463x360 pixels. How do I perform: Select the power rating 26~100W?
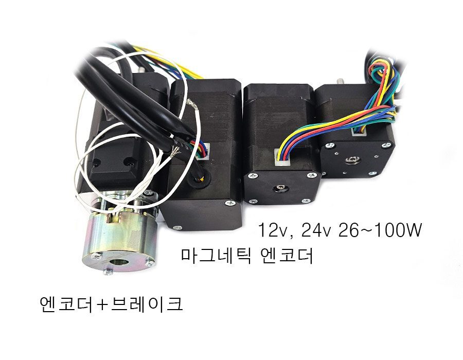click(380, 230)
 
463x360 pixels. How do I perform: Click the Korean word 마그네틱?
click(216, 256)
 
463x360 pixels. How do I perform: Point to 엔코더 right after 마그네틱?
click(287, 256)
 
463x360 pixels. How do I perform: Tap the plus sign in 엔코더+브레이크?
click(101, 305)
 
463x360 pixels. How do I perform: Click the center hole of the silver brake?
click(119, 262)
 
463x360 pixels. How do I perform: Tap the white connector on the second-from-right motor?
click(282, 157)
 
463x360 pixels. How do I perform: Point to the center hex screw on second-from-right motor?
click(279, 189)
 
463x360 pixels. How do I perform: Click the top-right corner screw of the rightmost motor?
click(386, 145)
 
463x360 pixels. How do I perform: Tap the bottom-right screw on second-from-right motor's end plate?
click(305, 201)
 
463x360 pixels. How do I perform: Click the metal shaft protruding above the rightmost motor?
click(340, 81)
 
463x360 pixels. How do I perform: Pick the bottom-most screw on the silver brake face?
click(108, 272)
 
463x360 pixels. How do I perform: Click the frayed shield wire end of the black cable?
click(175, 151)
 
